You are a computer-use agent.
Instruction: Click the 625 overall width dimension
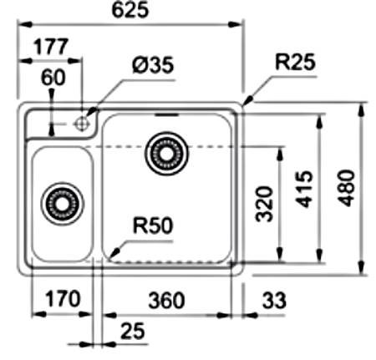(x=130, y=10)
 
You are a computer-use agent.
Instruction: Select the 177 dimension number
(x=51, y=46)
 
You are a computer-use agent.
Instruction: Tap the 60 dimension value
(x=53, y=78)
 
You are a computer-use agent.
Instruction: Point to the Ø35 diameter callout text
(x=153, y=65)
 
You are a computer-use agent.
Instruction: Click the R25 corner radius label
(x=295, y=62)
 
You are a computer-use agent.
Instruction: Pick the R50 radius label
(x=153, y=226)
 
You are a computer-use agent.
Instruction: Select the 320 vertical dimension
(x=264, y=204)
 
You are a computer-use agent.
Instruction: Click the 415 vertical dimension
(x=304, y=189)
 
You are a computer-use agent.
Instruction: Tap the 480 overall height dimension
(x=346, y=188)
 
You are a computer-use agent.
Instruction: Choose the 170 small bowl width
(x=63, y=299)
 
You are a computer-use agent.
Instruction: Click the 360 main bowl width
(x=166, y=300)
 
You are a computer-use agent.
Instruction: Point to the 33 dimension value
(x=274, y=300)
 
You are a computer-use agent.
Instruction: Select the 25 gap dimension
(x=133, y=331)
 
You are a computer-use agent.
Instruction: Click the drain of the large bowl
(x=166, y=154)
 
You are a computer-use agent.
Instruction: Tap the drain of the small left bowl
(x=62, y=204)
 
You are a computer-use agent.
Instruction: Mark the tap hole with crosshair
(x=81, y=124)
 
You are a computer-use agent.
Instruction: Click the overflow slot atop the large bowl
(x=166, y=114)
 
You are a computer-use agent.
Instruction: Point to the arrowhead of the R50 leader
(x=114, y=252)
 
